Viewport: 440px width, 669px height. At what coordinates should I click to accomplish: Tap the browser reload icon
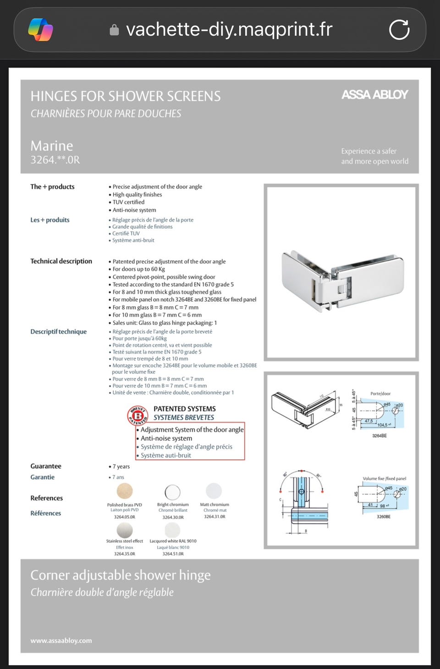pyautogui.click(x=399, y=30)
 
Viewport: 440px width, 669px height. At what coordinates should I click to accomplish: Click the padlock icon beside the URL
pyautogui.click(x=114, y=30)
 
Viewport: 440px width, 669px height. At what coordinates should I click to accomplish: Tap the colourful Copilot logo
pyautogui.click(x=40, y=30)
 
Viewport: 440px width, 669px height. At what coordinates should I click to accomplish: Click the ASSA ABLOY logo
pyautogui.click(x=374, y=95)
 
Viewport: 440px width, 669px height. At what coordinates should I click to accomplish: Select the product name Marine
pyautogui.click(x=52, y=146)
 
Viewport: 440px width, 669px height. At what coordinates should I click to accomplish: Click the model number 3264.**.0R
pyautogui.click(x=55, y=160)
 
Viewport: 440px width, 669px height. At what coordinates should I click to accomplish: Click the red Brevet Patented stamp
pyautogui.click(x=137, y=415)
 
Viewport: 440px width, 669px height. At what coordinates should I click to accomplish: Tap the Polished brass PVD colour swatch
pyautogui.click(x=125, y=491)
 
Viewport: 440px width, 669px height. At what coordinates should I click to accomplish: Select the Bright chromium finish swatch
pyautogui.click(x=173, y=492)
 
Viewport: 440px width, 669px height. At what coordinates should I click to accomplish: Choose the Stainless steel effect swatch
pyautogui.click(x=125, y=530)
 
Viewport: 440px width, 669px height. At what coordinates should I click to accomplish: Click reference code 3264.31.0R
pyautogui.click(x=214, y=517)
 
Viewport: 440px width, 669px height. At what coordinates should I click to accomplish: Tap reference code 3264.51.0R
pyautogui.click(x=173, y=554)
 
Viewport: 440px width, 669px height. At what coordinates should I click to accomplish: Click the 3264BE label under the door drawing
pyautogui.click(x=379, y=436)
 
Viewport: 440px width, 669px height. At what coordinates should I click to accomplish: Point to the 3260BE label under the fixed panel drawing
pyautogui.click(x=384, y=516)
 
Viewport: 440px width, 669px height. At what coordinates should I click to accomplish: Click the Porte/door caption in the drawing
pyautogui.click(x=380, y=394)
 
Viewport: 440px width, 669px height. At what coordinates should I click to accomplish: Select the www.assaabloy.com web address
pyautogui.click(x=61, y=641)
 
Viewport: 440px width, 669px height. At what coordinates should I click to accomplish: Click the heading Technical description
pyautogui.click(x=61, y=261)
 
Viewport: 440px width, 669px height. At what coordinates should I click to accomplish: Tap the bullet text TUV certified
pyautogui.click(x=128, y=202)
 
